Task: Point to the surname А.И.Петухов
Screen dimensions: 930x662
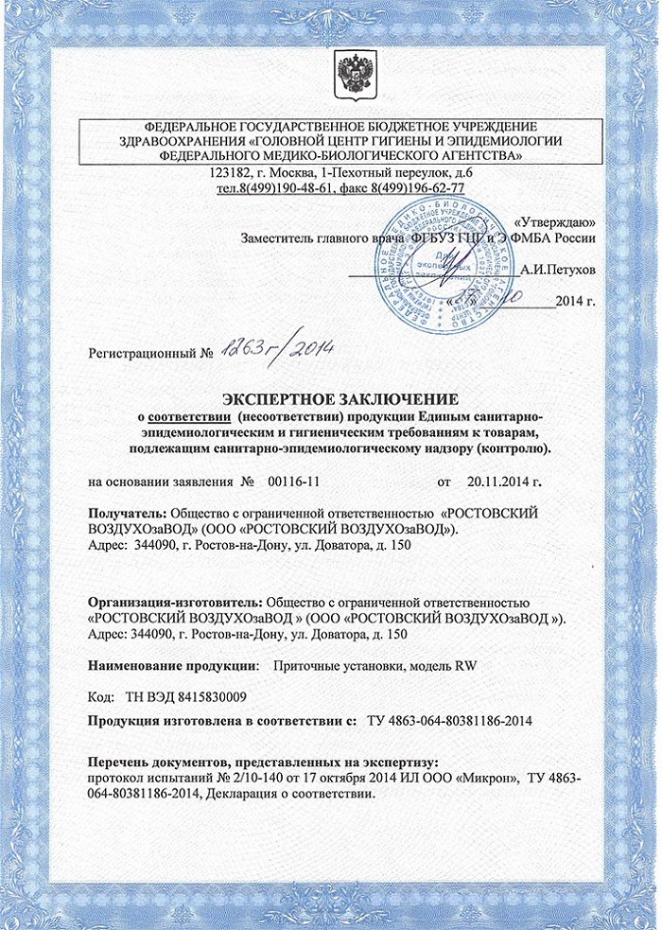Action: click(x=559, y=270)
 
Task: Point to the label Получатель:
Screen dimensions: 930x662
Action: click(x=127, y=512)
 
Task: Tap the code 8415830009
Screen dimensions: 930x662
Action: click(x=209, y=697)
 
